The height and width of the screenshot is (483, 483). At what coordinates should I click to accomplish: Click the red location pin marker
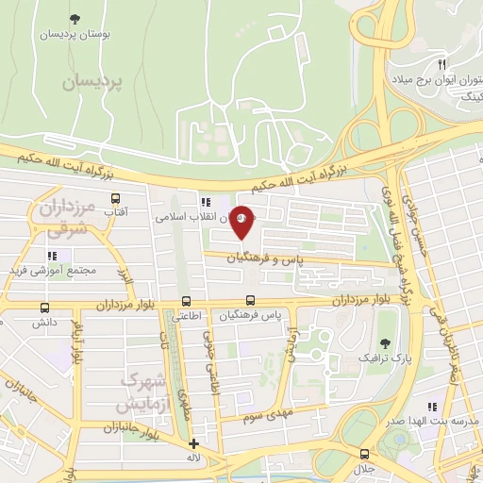click(242, 223)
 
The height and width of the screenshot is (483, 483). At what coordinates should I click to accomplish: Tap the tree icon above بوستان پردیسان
click(75, 17)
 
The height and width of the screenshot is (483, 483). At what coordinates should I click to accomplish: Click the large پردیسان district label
click(93, 83)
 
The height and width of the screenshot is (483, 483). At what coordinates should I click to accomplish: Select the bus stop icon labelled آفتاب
click(116, 199)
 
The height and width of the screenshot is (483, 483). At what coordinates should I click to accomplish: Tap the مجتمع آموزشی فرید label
click(54, 271)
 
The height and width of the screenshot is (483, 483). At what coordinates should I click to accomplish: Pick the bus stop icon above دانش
click(45, 308)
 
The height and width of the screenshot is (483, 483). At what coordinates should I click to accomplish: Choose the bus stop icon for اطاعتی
click(185, 303)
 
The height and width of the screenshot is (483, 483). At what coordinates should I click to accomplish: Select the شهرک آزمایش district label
click(140, 392)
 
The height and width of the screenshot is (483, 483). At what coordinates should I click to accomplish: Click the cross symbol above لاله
click(194, 443)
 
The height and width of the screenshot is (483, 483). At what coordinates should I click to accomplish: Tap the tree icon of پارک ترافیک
click(383, 343)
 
